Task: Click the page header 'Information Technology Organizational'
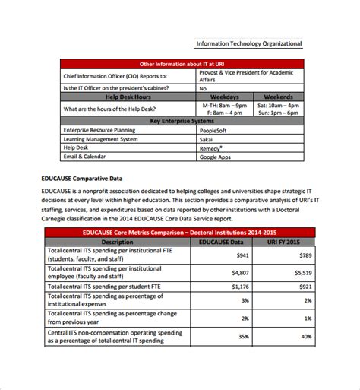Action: click(x=248, y=43)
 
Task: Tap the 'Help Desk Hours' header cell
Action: click(x=128, y=97)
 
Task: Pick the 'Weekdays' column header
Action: click(x=224, y=97)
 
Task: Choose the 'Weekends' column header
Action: click(x=278, y=97)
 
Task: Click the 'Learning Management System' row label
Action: click(x=101, y=139)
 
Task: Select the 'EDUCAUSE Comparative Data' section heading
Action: click(x=82, y=179)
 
